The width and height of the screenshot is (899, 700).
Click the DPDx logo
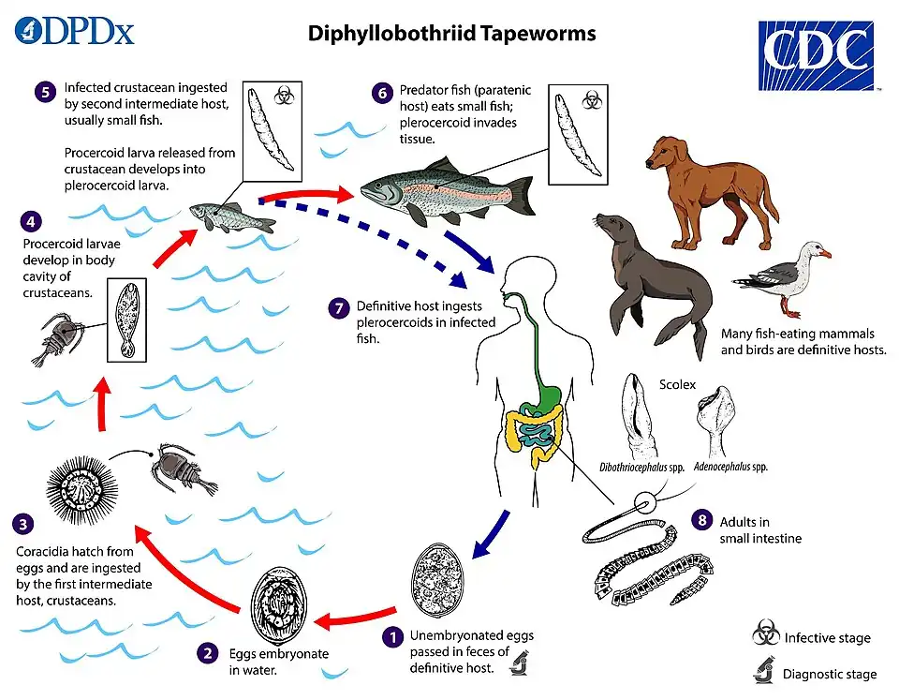pos(74,31)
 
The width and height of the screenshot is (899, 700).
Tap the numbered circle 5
pos(44,92)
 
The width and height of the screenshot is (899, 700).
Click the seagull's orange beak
pos(824,254)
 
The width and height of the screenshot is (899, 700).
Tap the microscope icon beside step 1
pos(518,665)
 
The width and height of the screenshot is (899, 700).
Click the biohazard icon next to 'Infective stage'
pos(766,636)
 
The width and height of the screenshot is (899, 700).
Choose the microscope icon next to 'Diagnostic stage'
pos(766,671)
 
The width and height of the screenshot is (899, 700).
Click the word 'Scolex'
pos(677,385)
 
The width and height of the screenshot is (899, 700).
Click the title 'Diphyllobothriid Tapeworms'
pos(451,35)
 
